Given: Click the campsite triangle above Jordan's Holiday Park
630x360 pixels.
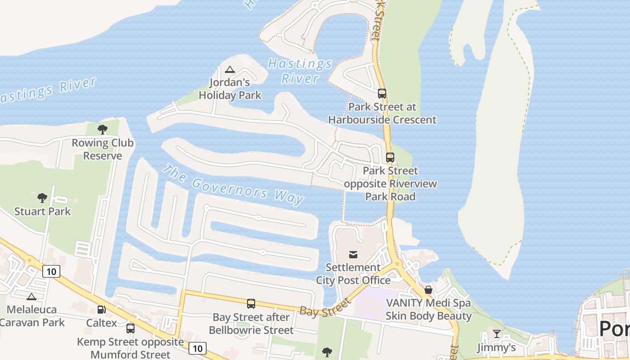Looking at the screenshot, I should coord(230,69).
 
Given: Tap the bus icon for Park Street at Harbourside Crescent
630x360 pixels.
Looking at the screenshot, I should coord(382,94).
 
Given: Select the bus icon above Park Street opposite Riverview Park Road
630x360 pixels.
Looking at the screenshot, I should coord(390,157).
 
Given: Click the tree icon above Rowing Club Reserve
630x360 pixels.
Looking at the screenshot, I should coord(103,130).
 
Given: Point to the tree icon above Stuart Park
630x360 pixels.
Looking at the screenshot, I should coord(42,198).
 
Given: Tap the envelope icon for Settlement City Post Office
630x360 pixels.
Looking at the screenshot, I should coord(353,255).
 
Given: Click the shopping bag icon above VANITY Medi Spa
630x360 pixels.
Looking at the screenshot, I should coord(428,290).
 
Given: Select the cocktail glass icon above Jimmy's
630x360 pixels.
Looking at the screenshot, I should coord(496,334).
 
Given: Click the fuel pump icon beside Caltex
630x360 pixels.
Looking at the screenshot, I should coord(102,310).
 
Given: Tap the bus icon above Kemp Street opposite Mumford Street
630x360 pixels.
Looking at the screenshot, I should coord(130,328).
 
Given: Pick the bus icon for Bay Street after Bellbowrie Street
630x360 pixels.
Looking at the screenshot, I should coord(251,304).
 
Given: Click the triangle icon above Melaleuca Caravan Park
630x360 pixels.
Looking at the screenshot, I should coord(31,297).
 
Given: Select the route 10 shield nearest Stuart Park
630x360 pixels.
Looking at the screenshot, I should coord(52,271).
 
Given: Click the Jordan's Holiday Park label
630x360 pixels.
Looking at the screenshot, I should coord(230,89).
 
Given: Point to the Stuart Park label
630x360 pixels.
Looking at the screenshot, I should coord(42,211).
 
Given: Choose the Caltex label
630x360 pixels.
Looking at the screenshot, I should coord(101,323).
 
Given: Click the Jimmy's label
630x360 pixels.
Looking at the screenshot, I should coord(496,347).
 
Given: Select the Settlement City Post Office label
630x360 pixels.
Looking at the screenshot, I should coord(353,274).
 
